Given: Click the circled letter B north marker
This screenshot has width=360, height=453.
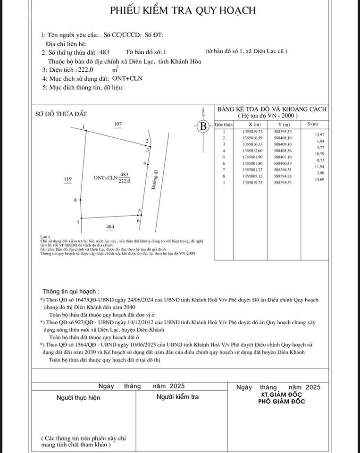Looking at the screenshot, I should coord(203,126).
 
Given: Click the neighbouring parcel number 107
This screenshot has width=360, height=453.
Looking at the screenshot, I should coord(118,124).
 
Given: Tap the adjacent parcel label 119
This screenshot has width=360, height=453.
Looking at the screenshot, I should coord(67,179).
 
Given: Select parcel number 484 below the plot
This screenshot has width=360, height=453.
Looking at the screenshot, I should coord(110,227).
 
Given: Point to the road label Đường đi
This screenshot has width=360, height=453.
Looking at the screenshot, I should coord(154,180).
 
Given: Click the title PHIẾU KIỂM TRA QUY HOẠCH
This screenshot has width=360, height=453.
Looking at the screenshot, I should coord(183,10).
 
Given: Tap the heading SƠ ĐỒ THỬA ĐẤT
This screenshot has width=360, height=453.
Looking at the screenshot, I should coord(61,114).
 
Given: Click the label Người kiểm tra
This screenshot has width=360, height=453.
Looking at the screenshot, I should coord(177,397).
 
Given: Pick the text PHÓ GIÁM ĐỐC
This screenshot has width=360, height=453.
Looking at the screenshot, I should coord(282,402).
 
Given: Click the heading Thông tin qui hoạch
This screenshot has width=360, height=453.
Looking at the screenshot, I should coord(71,292).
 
